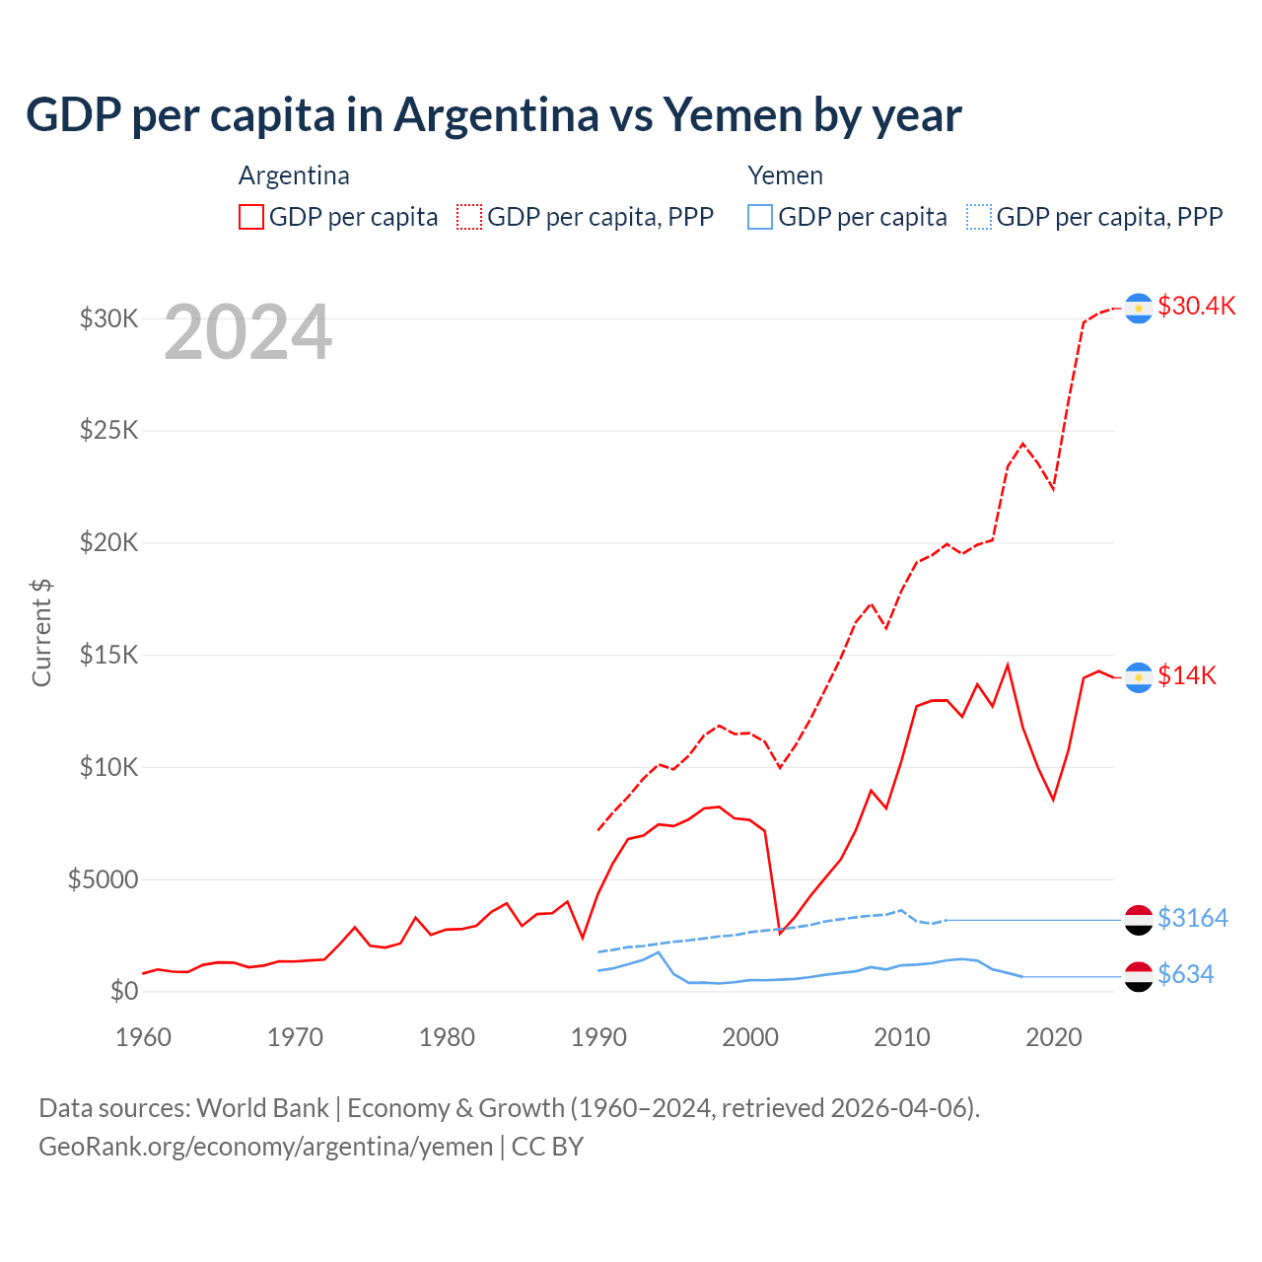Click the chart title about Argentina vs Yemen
tap(493, 115)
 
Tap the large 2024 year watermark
tap(247, 332)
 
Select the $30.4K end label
tap(1196, 306)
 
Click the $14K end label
tap(1186, 675)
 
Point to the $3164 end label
tap(1192, 918)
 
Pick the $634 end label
tap(1185, 974)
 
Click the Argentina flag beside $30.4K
tap(1139, 309)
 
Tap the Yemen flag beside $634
tap(1139, 976)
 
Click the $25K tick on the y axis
tap(108, 431)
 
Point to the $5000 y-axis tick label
tap(103, 879)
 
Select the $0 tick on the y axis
tap(123, 991)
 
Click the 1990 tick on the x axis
tap(598, 1037)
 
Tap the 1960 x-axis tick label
tap(144, 1037)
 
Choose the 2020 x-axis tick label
tap(1054, 1037)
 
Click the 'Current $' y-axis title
tap(41, 633)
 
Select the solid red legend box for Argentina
tap(251, 217)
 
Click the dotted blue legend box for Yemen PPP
tap(979, 217)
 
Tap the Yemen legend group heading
tap(785, 175)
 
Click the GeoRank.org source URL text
tap(266, 1147)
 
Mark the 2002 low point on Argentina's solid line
tap(780, 933)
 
